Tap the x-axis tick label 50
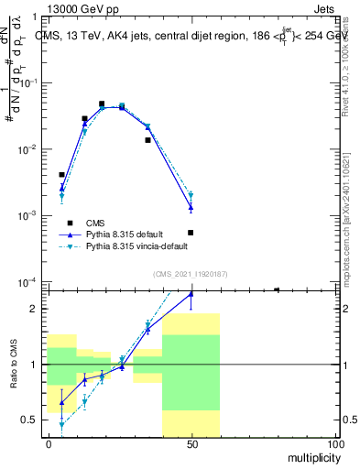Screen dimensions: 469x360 (x=191, y=444)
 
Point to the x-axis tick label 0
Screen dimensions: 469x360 (x=48, y=444)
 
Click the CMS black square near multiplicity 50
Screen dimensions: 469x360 (x=191, y=233)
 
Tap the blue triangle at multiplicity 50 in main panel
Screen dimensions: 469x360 (x=191, y=207)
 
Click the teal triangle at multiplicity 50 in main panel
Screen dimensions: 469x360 (x=191, y=194)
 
